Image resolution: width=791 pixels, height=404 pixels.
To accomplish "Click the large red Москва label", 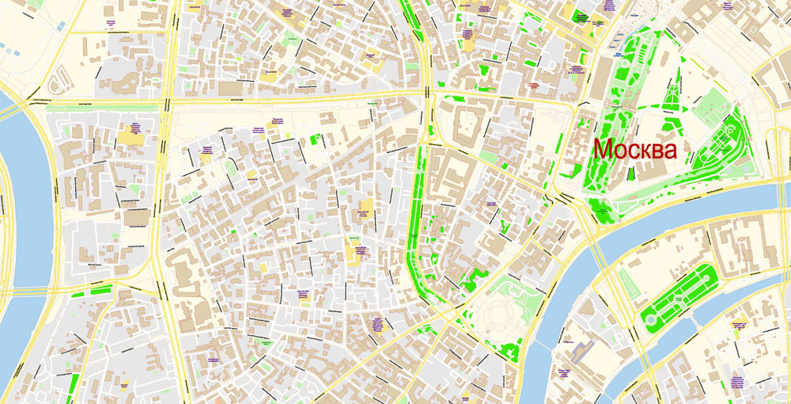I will [635, 150].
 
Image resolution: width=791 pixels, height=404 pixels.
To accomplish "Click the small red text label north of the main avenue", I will [532, 84].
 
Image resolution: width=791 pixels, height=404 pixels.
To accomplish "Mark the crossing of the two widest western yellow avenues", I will [166, 101].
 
